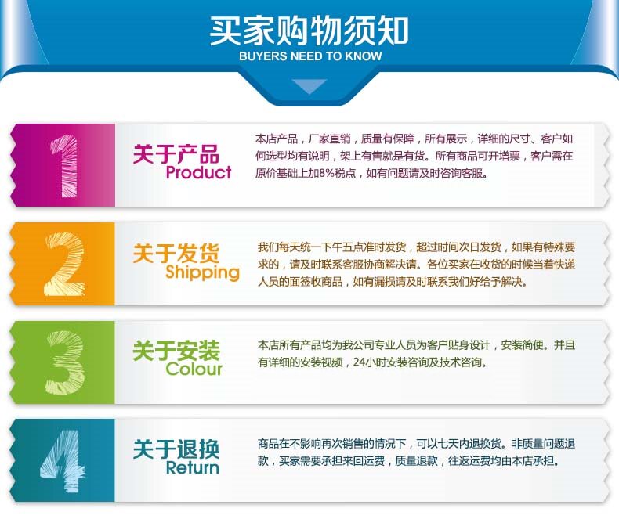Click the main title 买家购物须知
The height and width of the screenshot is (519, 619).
tap(309, 31)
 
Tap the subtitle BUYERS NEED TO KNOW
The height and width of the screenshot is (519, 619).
tap(310, 56)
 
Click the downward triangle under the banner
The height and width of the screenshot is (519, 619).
tap(309, 85)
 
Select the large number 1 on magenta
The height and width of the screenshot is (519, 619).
tap(64, 166)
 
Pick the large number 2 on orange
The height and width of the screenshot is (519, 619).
tap(65, 264)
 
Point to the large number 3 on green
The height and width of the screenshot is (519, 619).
tap(65, 362)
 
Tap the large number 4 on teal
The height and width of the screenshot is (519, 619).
tap(63, 460)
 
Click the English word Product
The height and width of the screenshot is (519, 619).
tap(198, 172)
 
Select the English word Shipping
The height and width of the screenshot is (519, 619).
tap(202, 272)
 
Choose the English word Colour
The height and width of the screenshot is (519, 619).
tap(194, 369)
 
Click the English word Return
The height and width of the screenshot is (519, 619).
tap(193, 467)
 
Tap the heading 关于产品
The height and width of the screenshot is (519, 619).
tap(176, 153)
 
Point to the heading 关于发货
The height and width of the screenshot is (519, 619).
tap(176, 253)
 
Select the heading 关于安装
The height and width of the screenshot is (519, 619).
tap(176, 351)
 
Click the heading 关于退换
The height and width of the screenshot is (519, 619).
tap(176, 449)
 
